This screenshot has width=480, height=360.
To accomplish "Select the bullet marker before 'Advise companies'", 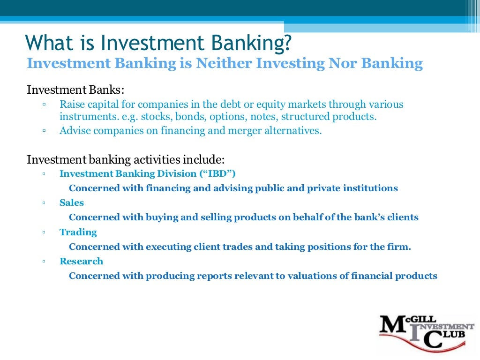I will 43,131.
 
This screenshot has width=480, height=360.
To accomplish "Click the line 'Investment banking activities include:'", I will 126,159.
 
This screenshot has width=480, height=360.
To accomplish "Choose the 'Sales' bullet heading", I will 72,203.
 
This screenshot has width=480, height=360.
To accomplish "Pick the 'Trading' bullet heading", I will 78,232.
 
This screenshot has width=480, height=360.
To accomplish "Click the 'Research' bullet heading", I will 81,261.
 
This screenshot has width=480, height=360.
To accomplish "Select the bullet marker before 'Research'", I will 43,262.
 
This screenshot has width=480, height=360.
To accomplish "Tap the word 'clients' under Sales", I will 403,217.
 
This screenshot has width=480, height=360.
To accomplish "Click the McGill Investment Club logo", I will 427,331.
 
